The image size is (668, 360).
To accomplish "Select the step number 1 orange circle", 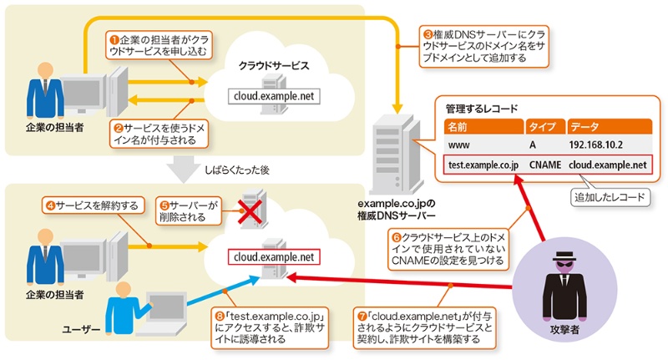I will pyautogui.click(x=115, y=39).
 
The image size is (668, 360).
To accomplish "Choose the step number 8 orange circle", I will pyautogui.click(x=220, y=316).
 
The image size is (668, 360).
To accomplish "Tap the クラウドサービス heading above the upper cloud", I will pyautogui.click(x=274, y=64).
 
